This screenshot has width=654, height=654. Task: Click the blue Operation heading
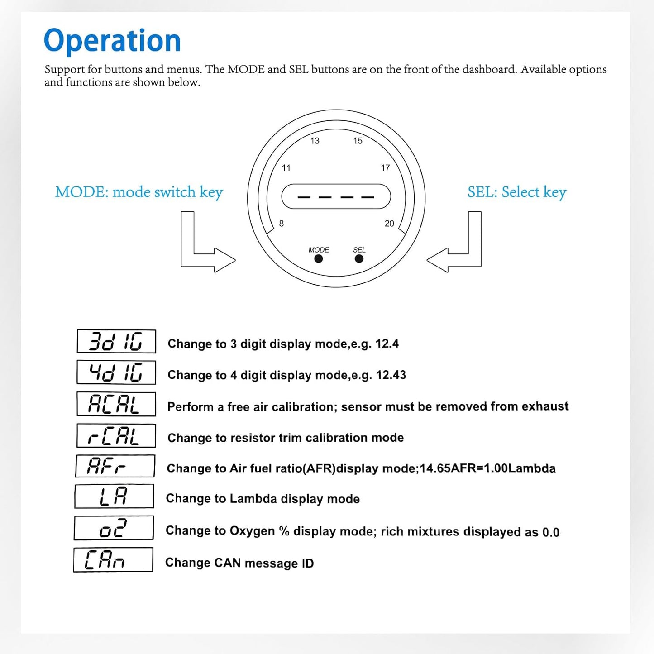[x=112, y=41]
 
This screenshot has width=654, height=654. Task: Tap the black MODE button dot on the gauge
[x=318, y=259]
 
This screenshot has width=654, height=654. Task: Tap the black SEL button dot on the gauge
[x=359, y=259]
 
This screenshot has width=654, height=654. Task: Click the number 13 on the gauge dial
[x=315, y=141]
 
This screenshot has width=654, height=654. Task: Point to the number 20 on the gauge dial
[x=389, y=223]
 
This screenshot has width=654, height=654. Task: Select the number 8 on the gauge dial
[x=282, y=223]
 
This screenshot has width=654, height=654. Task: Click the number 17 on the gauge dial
[x=385, y=167]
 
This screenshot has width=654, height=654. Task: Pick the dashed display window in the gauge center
[x=336, y=196]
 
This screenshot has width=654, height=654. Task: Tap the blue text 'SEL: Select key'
[x=517, y=192]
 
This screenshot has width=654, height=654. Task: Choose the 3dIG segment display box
[x=116, y=341]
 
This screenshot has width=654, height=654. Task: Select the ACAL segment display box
[x=116, y=404]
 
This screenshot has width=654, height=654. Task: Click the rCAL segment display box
[x=116, y=435]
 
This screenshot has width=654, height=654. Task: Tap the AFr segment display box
[x=115, y=466]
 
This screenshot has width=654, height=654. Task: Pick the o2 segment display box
[x=114, y=528]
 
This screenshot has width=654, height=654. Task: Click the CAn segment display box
[x=113, y=560]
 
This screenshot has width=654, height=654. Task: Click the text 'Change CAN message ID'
[x=239, y=563]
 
